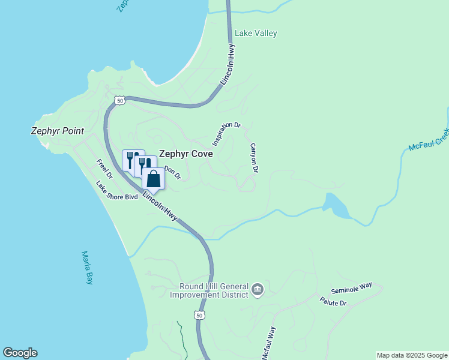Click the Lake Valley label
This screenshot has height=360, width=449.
tap(256, 34)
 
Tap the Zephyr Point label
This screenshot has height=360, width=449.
tap(57, 131)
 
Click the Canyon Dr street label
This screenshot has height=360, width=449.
tap(254, 158)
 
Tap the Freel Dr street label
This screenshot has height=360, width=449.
tap(104, 169)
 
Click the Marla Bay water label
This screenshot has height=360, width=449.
tap(88, 267)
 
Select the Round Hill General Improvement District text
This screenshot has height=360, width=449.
tap(209, 290)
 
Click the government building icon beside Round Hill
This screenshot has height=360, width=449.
tap(258, 290)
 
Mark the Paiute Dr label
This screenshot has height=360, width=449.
tap(333, 302)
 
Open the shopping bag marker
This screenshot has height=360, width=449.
tap(154, 179)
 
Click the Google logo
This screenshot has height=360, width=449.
tap(20, 353)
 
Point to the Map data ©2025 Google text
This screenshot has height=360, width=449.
tap(412, 355)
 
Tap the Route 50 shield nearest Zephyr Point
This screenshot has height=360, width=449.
tap(120, 101)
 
